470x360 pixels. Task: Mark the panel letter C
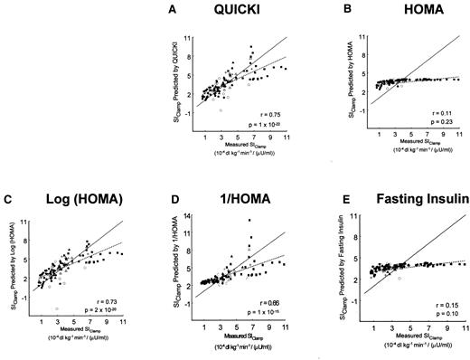coord(19,197)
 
